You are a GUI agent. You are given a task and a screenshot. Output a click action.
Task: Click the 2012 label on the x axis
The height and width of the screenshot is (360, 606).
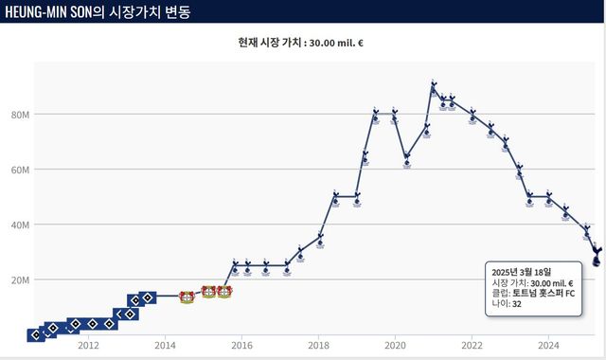[x=88, y=345]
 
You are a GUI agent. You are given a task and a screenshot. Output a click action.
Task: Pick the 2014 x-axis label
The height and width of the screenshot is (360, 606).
[x=165, y=345]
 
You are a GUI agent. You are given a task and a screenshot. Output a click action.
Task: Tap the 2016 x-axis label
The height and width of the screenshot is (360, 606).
[x=241, y=345]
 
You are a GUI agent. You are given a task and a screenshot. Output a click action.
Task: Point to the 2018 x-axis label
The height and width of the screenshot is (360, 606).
[x=319, y=345]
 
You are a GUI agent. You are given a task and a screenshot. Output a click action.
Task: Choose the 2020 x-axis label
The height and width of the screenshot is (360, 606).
[x=396, y=345]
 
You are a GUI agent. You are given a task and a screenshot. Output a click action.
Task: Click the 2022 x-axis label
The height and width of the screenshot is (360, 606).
[x=472, y=345]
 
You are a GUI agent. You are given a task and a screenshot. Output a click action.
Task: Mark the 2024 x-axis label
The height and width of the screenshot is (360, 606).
[x=549, y=345]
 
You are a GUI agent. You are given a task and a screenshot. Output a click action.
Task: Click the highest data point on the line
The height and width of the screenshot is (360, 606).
[x=434, y=85]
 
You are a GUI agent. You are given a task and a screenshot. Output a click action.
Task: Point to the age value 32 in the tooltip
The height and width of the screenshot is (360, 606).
[x=517, y=304]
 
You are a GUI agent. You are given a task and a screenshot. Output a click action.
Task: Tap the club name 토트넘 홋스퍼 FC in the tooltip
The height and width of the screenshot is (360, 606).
[x=546, y=293]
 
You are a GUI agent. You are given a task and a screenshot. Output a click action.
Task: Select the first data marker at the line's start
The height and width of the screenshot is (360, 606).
[x=34, y=334]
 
